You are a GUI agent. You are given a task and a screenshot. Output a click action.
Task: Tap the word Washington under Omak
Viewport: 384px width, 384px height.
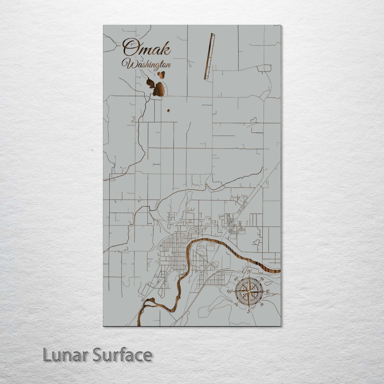146,65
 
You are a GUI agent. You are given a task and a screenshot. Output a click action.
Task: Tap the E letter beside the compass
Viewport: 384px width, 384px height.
268,292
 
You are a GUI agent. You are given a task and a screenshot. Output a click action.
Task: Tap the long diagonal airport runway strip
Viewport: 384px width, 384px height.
209,56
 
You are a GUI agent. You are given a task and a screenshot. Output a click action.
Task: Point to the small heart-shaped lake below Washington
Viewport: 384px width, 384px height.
161,75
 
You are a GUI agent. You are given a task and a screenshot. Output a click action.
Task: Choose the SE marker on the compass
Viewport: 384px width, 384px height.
262,304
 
